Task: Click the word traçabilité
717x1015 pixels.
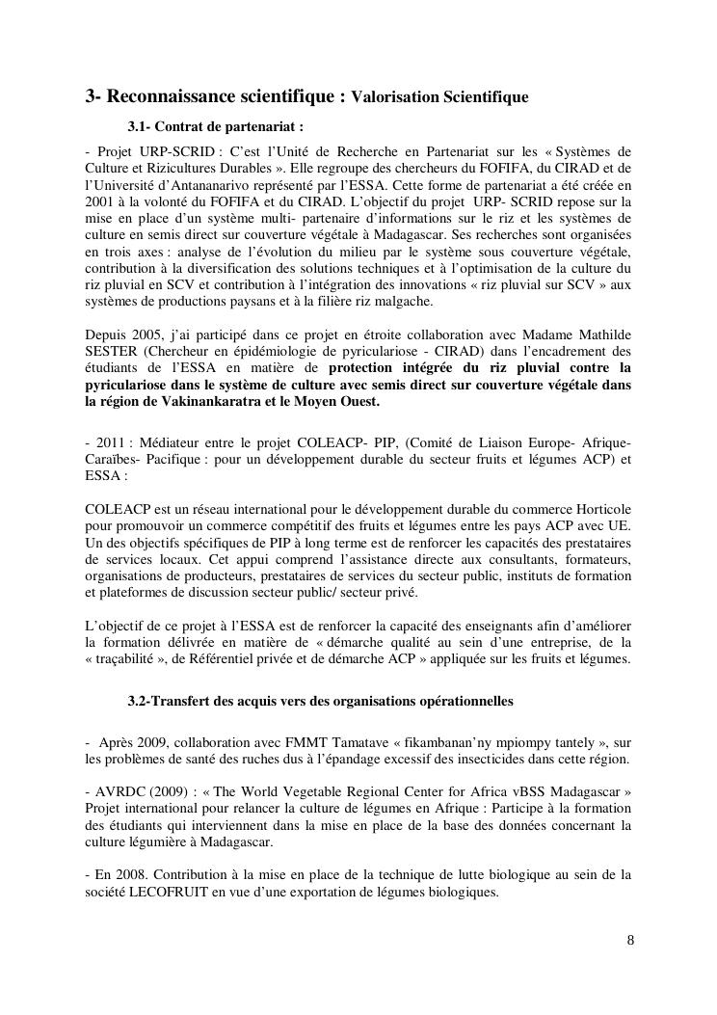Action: tap(130, 659)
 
